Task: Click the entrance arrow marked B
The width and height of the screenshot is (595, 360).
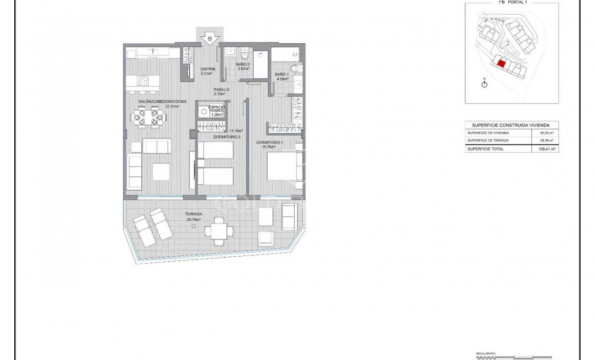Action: point(210,39)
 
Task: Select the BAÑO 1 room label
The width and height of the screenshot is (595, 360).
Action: point(282,74)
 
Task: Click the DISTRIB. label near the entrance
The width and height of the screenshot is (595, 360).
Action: point(207,69)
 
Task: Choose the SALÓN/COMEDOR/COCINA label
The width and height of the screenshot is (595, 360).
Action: point(162,102)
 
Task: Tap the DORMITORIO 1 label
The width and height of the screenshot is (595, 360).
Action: point(269,143)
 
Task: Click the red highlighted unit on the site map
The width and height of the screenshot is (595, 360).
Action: point(501,64)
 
